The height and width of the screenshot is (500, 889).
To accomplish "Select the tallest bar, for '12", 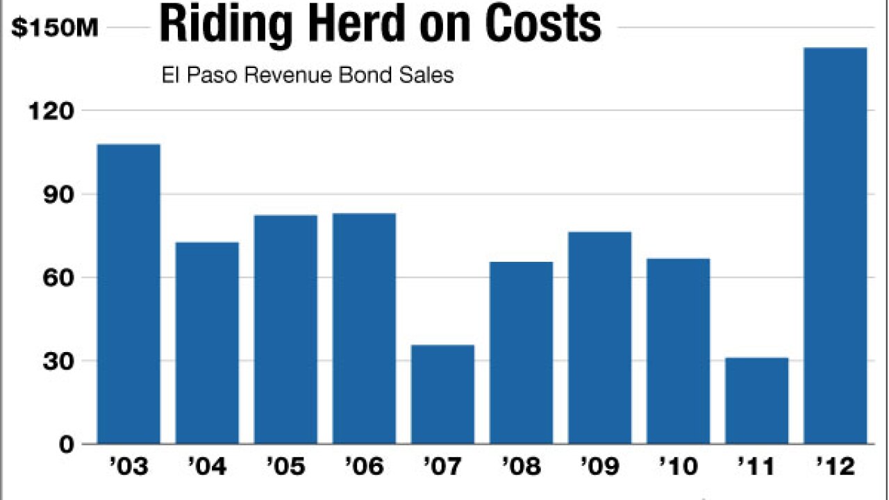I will (x=835, y=246).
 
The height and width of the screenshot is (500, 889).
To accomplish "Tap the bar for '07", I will (x=442, y=394).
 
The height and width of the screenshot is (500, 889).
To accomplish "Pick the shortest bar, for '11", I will (x=756, y=401).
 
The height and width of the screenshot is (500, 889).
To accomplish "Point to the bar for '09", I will (x=599, y=337).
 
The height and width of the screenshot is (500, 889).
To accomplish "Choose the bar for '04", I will (x=207, y=343).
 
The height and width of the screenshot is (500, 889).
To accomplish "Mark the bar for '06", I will (x=364, y=328).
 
